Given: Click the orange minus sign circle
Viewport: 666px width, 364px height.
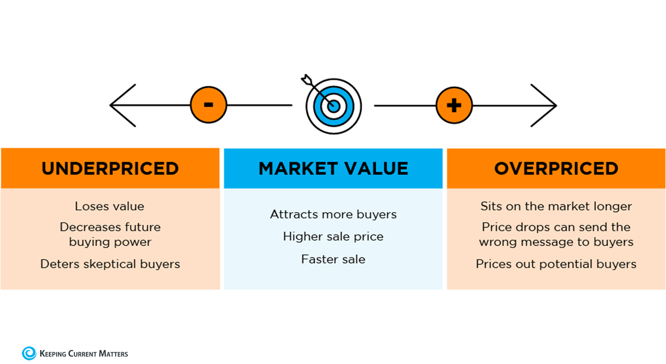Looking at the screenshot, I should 208,105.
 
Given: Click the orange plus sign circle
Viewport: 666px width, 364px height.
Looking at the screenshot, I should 454,105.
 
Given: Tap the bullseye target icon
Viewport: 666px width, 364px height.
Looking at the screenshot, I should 334,107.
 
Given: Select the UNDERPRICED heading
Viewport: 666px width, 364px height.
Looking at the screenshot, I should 110,168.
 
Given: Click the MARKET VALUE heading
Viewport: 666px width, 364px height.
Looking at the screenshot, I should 333,168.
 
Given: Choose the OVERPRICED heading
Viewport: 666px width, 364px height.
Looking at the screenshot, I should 556,168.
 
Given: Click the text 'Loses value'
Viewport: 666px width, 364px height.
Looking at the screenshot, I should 109,206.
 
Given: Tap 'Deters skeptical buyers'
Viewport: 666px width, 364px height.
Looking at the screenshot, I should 110,264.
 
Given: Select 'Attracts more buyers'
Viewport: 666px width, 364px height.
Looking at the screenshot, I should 333,214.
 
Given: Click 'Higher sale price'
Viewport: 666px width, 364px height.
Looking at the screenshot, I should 333,236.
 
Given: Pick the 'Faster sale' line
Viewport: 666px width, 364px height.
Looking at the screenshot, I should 333,259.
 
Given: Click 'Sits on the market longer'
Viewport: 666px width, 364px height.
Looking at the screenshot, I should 556,206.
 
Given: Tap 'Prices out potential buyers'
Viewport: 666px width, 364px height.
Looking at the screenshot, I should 556,264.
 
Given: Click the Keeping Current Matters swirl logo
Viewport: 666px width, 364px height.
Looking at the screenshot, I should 29,353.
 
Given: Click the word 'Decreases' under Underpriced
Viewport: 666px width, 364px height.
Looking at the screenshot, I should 86,227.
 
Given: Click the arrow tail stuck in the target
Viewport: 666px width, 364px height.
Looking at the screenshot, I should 306,80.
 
